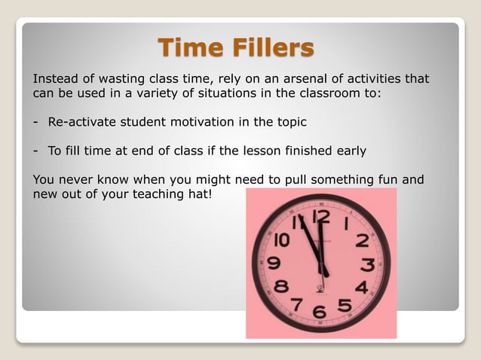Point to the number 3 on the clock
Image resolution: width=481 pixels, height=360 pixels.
368,265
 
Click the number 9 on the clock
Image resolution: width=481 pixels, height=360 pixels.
274,264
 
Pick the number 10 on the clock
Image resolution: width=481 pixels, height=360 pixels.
281,240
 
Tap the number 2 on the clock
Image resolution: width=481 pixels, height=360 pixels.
362,241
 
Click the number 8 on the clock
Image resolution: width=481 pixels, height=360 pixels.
280,286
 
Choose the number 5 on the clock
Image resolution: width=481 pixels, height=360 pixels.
344,305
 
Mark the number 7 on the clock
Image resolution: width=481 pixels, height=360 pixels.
297,304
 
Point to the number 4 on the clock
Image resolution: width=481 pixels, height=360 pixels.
361,287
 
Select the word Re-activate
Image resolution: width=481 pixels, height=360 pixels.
79,122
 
